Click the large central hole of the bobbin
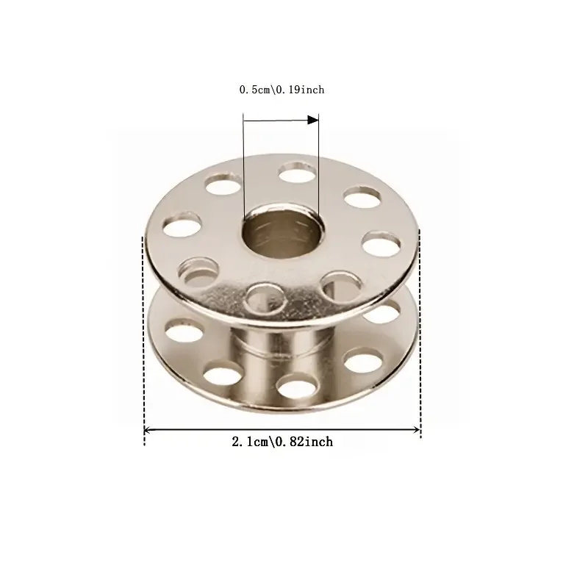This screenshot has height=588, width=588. point(283,234)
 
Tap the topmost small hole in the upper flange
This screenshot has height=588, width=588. point(298,173)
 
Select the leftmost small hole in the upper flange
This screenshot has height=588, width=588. point(182,225)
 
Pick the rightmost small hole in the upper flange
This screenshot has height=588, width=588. point(381,245)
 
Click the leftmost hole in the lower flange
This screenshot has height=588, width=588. point(184,331)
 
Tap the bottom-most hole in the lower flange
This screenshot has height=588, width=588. point(297,385)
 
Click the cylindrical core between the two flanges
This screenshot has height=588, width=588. point(282,351)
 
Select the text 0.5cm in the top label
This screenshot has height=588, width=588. point(254,90)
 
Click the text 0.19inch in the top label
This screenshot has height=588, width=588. point(300,90)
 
